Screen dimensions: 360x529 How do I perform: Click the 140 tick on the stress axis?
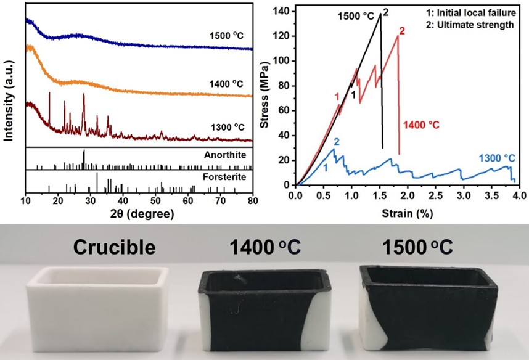[x=285, y=11]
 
